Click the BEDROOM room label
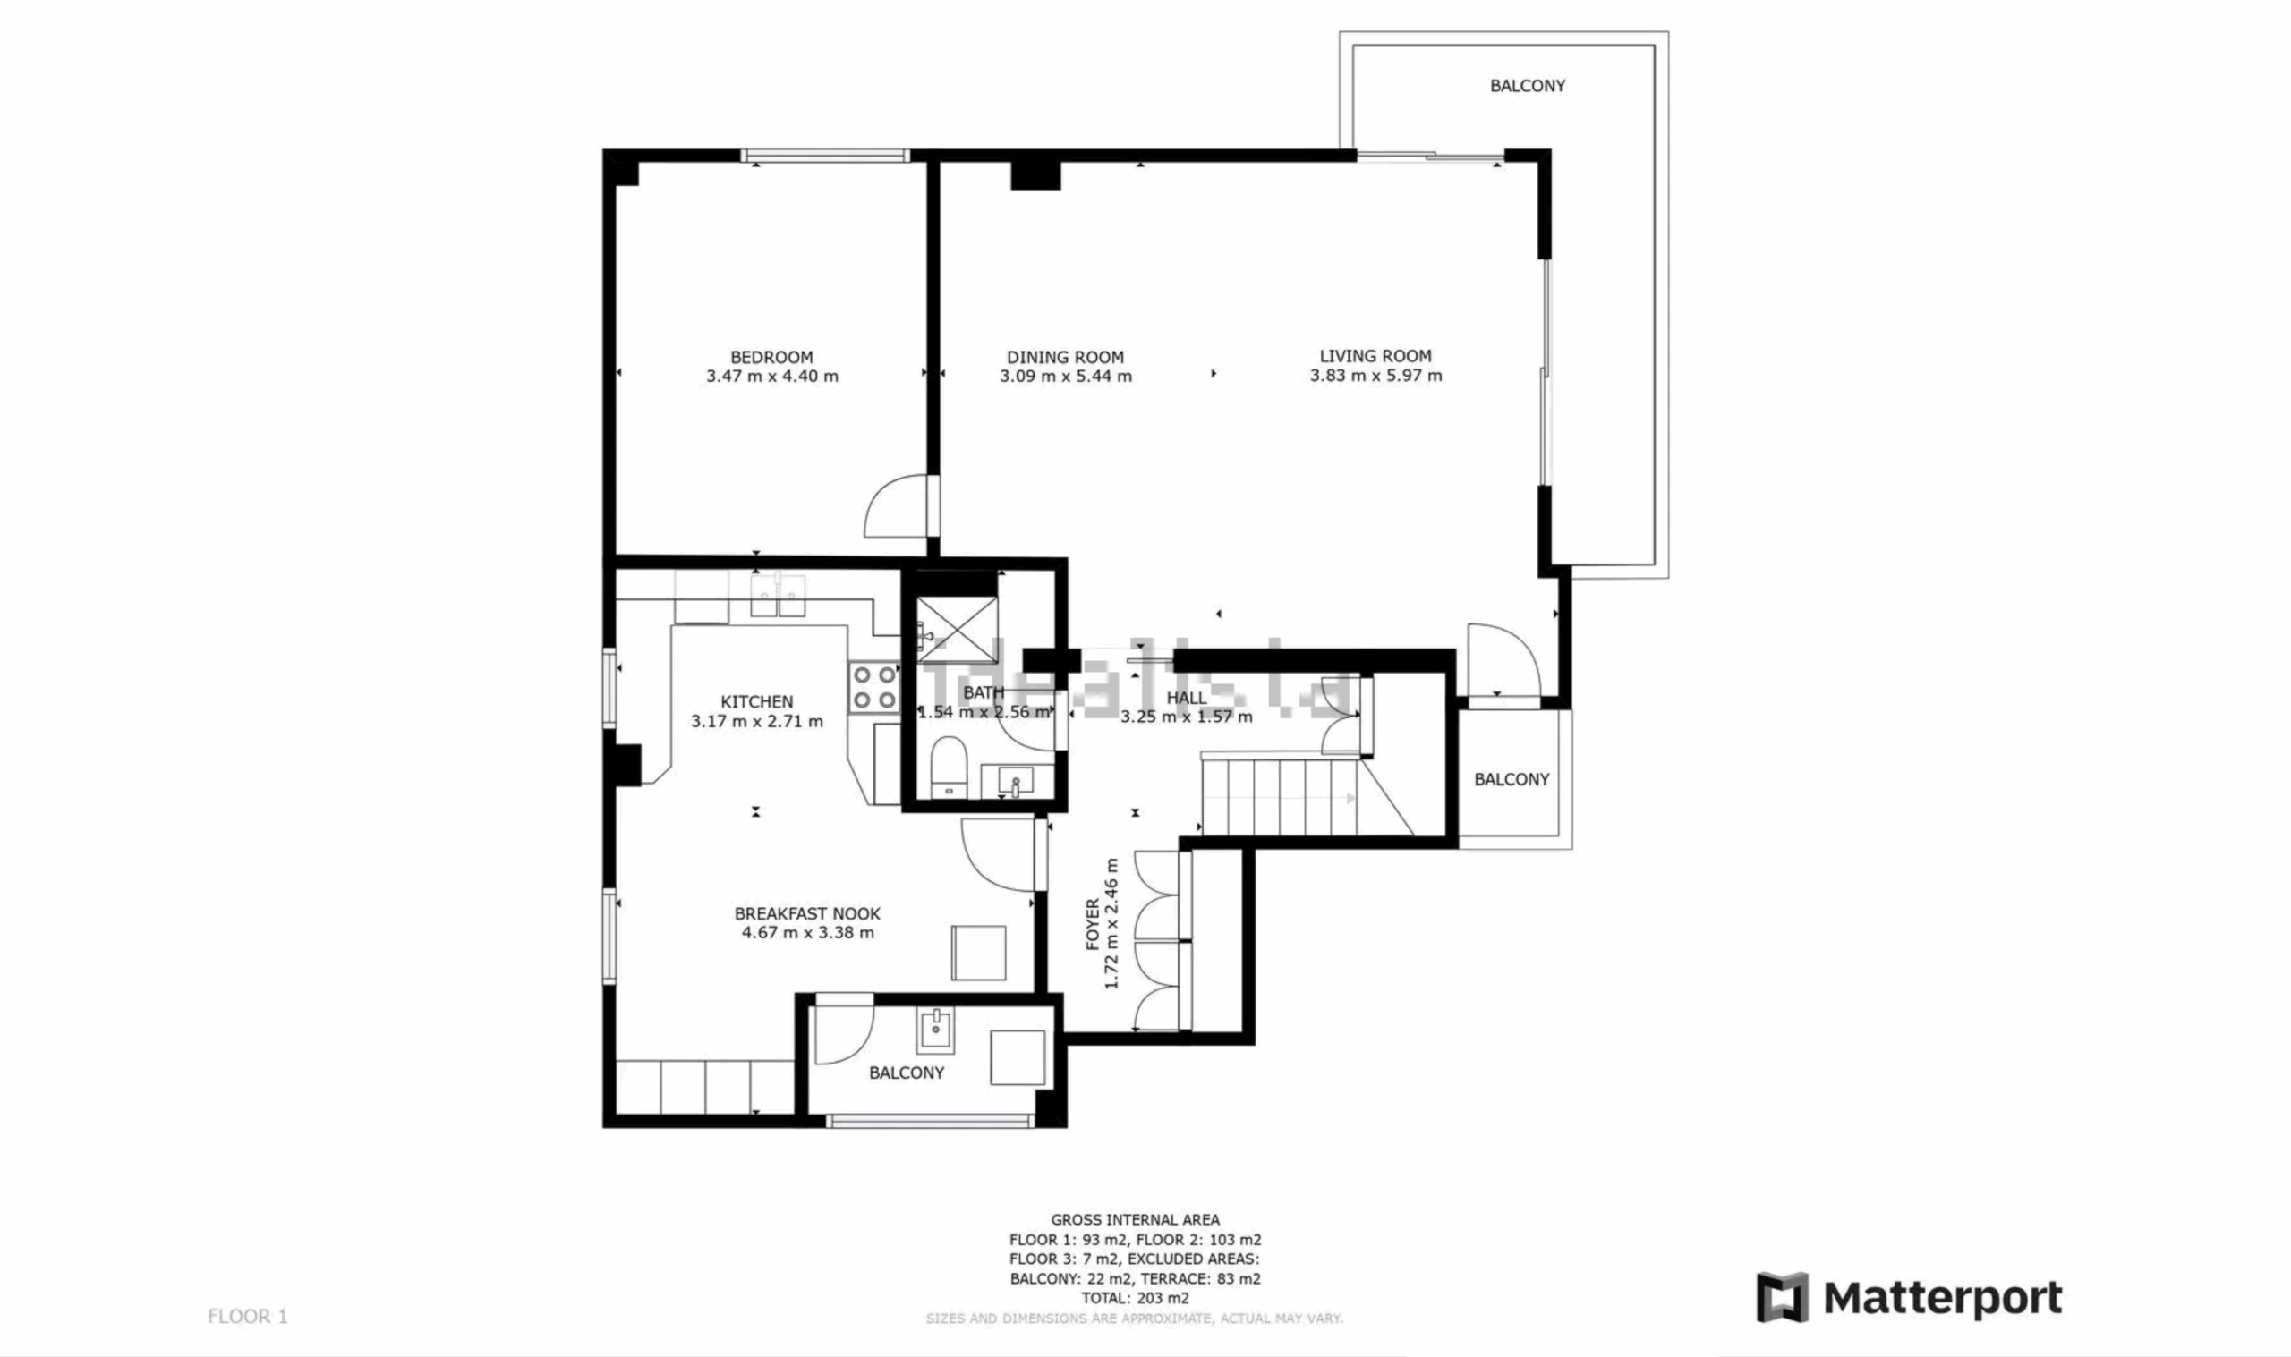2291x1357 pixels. (771, 358)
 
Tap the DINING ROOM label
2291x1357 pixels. (1066, 358)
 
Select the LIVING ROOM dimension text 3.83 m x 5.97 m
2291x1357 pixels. (1375, 376)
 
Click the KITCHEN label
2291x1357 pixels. (756, 702)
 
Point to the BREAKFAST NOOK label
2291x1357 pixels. (807, 913)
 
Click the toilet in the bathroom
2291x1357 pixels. (949, 767)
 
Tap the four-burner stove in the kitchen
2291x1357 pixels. (874, 688)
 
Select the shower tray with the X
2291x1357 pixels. (957, 628)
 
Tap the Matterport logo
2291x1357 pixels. (1909, 1298)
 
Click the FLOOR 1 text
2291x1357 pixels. (248, 1317)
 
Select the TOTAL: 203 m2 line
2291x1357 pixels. (1135, 1298)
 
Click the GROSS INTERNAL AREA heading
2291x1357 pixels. (1135, 1220)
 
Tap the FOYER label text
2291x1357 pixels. (1093, 924)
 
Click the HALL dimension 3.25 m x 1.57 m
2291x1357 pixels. (1186, 717)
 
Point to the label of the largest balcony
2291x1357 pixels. (1528, 86)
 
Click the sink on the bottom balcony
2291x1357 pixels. (934, 1031)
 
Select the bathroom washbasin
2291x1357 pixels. (1014, 782)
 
